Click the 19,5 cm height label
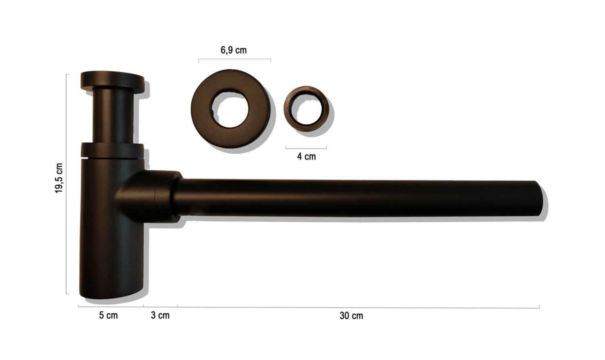59,178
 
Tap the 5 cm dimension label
108,315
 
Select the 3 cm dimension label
160,315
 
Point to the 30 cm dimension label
351,316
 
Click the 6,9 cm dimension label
234,50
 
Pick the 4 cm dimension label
307,157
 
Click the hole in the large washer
231,110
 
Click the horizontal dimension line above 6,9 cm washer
234,60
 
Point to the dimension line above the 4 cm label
306,148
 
